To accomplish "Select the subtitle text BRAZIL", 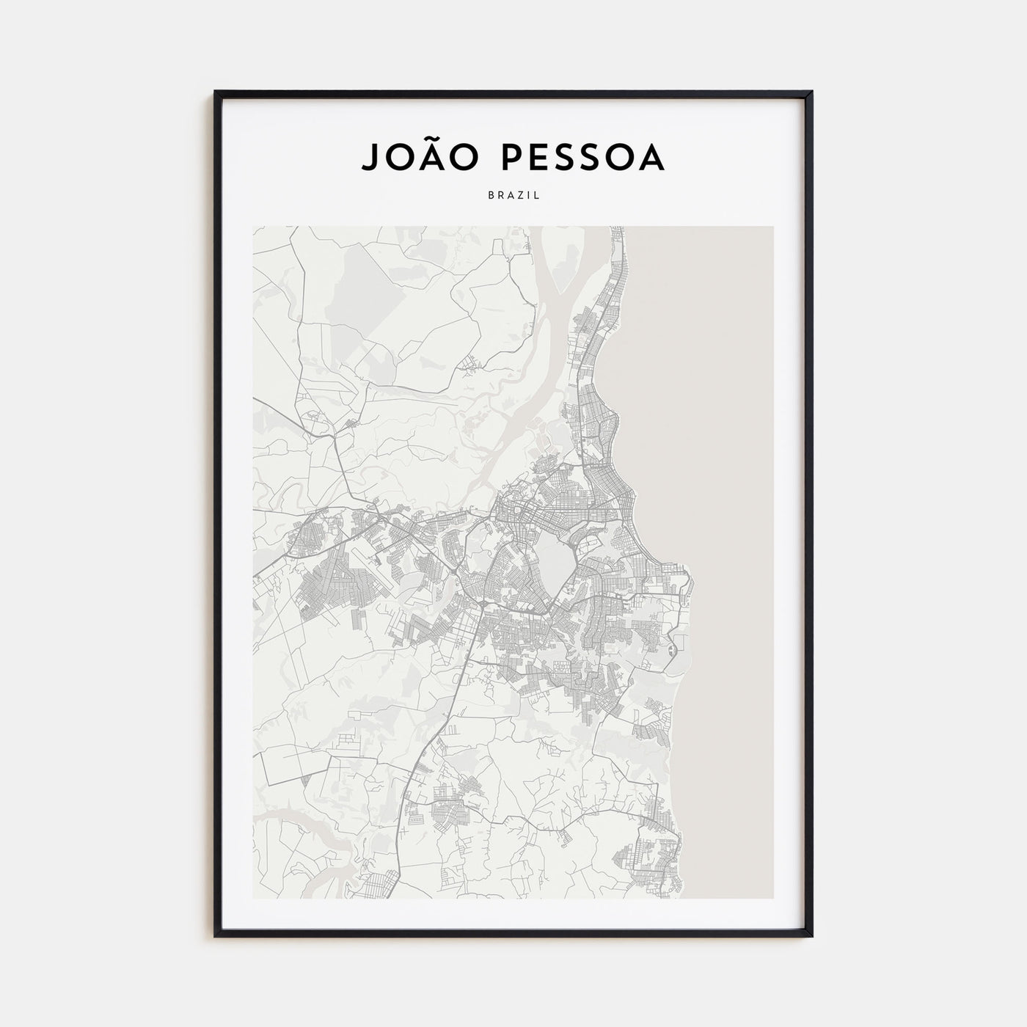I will (513, 195).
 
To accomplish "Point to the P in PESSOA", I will (506, 158).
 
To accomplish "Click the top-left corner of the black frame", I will (216, 92).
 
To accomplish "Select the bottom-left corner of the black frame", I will (216, 935).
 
